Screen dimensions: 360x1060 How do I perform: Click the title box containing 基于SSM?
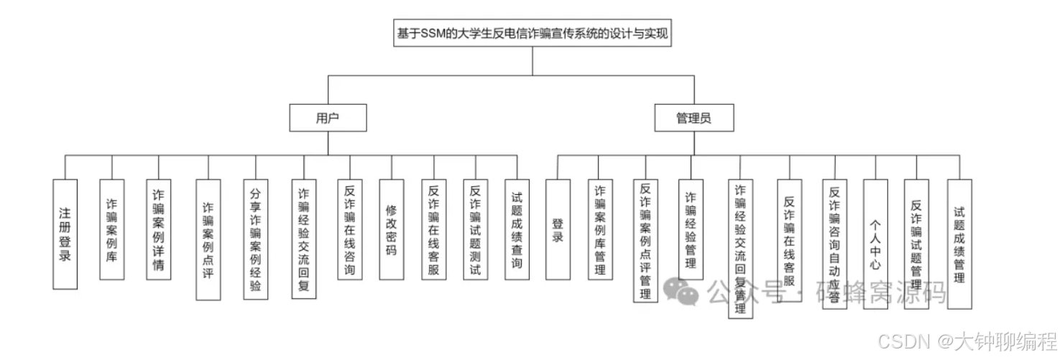[x=533, y=33]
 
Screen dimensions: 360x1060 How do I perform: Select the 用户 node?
[x=328, y=119]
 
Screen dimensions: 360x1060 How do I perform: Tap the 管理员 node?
[x=693, y=119]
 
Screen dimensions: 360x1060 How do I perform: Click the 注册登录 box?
[x=65, y=234]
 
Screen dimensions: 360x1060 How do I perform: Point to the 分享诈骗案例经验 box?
[x=256, y=239]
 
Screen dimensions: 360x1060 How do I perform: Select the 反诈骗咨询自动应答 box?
[x=834, y=244]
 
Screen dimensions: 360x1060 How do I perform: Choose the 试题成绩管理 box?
[x=959, y=244]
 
